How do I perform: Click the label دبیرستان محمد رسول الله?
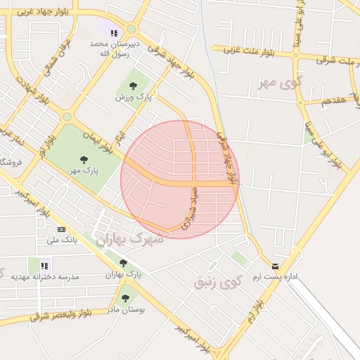[x=115, y=48]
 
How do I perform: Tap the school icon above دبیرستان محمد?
[x=114, y=32]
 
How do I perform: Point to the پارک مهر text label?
[x=84, y=169]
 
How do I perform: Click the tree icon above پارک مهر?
[x=84, y=159]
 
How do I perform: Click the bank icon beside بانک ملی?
[x=61, y=229]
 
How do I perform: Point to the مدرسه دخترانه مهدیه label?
[x=45, y=276]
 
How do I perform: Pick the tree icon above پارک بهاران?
[x=124, y=262]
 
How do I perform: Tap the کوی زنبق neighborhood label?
[x=217, y=283]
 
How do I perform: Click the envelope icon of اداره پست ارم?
[x=275, y=266]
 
